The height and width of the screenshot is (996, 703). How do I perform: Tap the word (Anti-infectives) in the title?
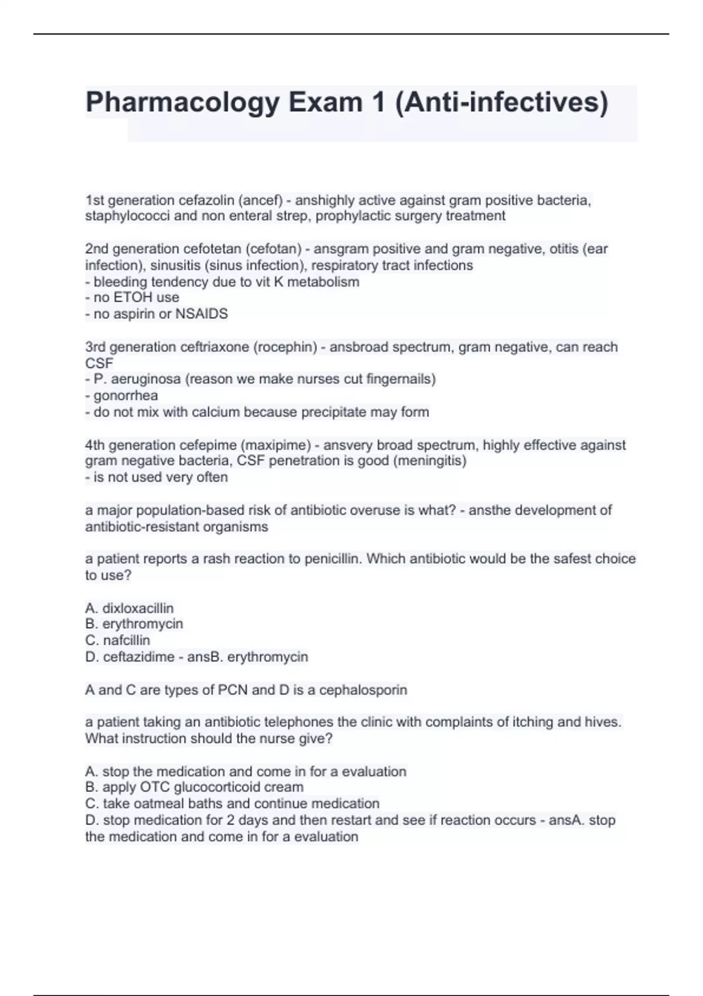pos(502,102)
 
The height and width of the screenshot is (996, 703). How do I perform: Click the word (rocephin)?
pos(285,347)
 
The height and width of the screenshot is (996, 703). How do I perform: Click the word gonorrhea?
pos(125,395)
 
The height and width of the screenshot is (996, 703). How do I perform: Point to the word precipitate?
pos(334,412)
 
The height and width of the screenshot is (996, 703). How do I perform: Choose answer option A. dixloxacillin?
pos(129,608)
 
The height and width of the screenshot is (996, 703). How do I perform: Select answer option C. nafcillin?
pos(118,640)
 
